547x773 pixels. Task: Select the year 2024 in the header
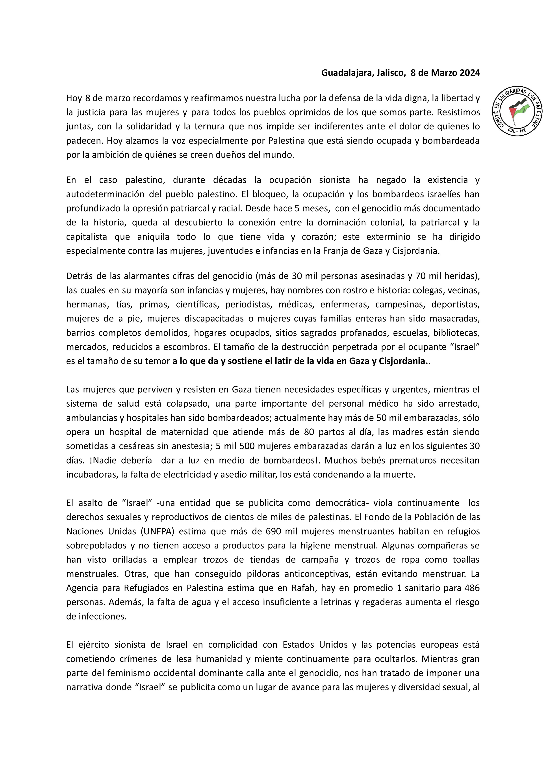(469, 73)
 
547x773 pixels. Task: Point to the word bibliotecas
(455, 333)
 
